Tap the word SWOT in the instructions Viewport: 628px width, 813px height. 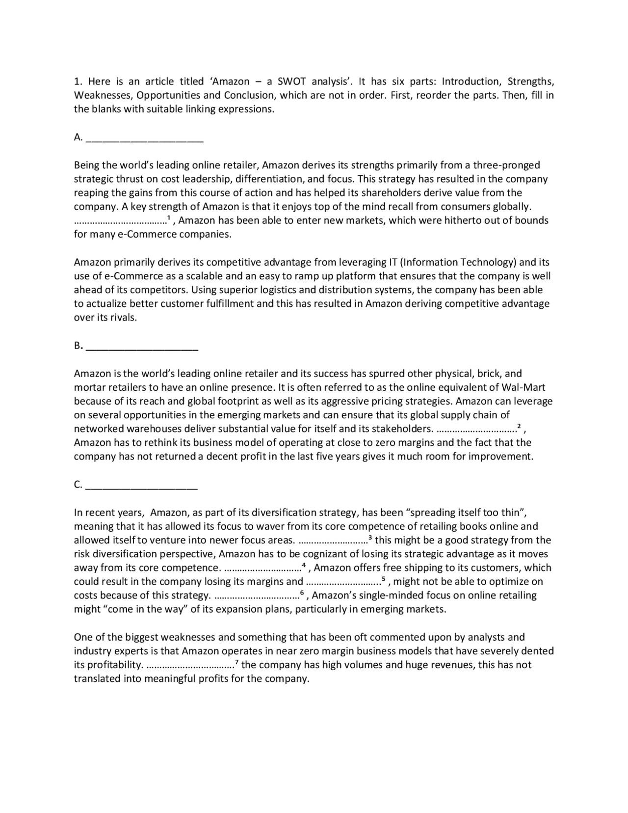click(292, 81)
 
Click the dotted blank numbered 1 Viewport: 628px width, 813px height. click(120, 221)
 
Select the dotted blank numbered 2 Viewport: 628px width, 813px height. click(476, 429)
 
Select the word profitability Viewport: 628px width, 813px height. click(114, 665)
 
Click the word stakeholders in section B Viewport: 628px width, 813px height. click(402, 429)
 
